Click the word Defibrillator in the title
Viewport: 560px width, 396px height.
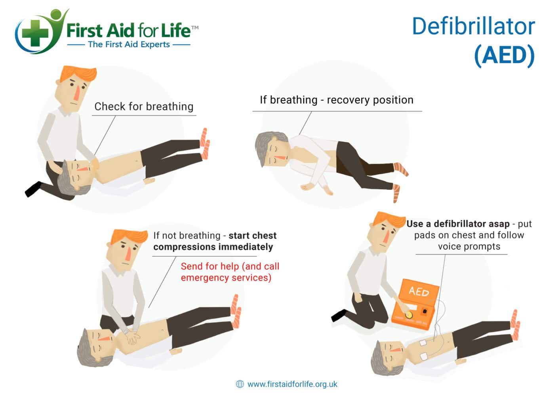click(473, 27)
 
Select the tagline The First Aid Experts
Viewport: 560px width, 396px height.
click(129, 44)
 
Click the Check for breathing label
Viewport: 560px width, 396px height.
click(144, 107)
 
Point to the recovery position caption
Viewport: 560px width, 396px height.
click(336, 100)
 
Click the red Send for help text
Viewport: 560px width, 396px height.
click(230, 272)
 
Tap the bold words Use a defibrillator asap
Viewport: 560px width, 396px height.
click(458, 224)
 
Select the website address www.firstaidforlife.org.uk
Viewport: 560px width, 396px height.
click(292, 384)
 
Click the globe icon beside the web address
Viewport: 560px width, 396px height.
click(240, 384)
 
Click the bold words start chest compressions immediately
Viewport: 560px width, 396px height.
click(214, 241)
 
